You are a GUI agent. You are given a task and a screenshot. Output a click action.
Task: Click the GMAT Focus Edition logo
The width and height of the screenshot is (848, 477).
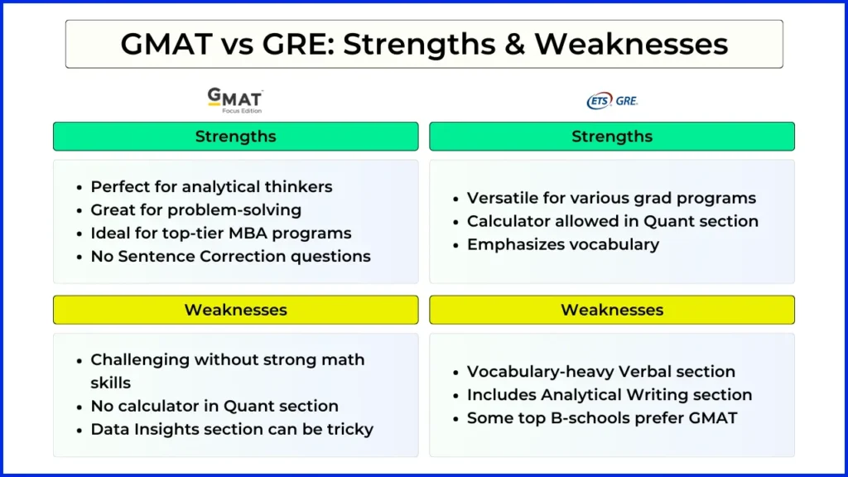(x=235, y=100)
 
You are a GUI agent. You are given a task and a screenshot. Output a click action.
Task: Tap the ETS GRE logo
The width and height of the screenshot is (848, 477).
(x=612, y=100)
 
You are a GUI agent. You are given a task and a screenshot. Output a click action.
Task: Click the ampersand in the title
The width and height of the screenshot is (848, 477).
(x=515, y=44)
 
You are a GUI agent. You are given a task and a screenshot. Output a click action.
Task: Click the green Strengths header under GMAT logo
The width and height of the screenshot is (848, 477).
(x=236, y=137)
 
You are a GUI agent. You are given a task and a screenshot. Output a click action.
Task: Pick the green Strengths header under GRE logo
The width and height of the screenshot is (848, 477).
(x=612, y=137)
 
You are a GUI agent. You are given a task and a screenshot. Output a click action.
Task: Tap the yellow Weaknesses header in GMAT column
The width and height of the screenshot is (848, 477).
(x=236, y=310)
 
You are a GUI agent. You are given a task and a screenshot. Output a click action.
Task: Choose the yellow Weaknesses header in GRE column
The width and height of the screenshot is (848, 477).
(x=612, y=310)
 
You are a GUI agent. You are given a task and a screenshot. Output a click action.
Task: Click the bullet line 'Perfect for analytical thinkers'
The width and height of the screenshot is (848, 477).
(x=211, y=186)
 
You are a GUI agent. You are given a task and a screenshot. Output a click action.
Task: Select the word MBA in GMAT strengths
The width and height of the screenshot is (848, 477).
(x=248, y=233)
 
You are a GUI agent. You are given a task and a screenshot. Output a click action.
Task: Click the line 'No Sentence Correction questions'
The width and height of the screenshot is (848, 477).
(x=230, y=257)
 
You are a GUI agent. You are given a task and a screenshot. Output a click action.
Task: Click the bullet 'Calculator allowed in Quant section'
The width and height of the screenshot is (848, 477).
(x=613, y=221)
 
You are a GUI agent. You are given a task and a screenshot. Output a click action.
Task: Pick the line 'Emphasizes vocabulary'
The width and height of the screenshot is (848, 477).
(x=563, y=244)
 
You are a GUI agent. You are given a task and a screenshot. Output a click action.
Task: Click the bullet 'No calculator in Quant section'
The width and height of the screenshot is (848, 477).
(x=214, y=406)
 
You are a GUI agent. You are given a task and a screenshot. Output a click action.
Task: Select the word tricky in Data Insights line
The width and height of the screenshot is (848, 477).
(x=350, y=430)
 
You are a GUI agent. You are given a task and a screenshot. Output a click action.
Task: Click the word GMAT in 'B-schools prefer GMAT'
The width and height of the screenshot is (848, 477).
(x=713, y=418)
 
